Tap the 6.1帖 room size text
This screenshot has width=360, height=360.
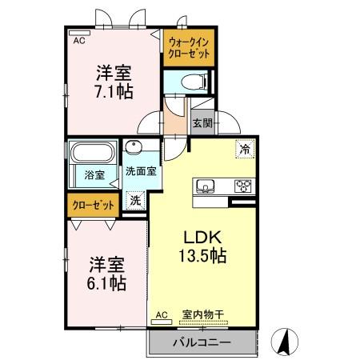[106, 283]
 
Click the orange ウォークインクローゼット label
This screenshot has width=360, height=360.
[189, 48]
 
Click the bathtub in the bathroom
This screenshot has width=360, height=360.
[94, 152]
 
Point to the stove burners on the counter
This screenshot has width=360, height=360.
[242, 186]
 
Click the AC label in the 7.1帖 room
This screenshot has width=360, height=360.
[79, 38]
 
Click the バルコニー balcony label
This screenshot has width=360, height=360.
[202, 342]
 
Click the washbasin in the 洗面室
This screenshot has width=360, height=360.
[134, 148]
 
